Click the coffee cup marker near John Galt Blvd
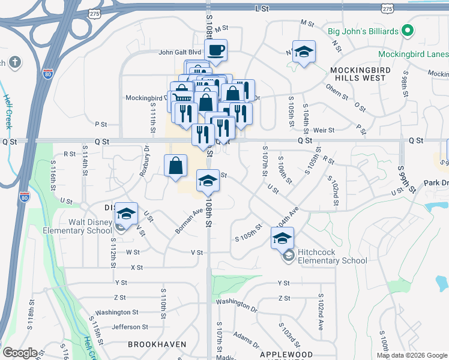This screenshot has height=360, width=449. [215, 50]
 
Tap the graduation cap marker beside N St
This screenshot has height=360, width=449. [304, 52]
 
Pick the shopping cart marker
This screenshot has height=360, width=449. [181, 98]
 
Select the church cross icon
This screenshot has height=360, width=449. [15, 62]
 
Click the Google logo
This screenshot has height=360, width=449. [19, 353]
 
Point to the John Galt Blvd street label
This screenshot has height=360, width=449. [179, 52]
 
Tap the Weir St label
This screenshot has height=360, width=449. [324, 130]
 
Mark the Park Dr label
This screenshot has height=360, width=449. [436, 182]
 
